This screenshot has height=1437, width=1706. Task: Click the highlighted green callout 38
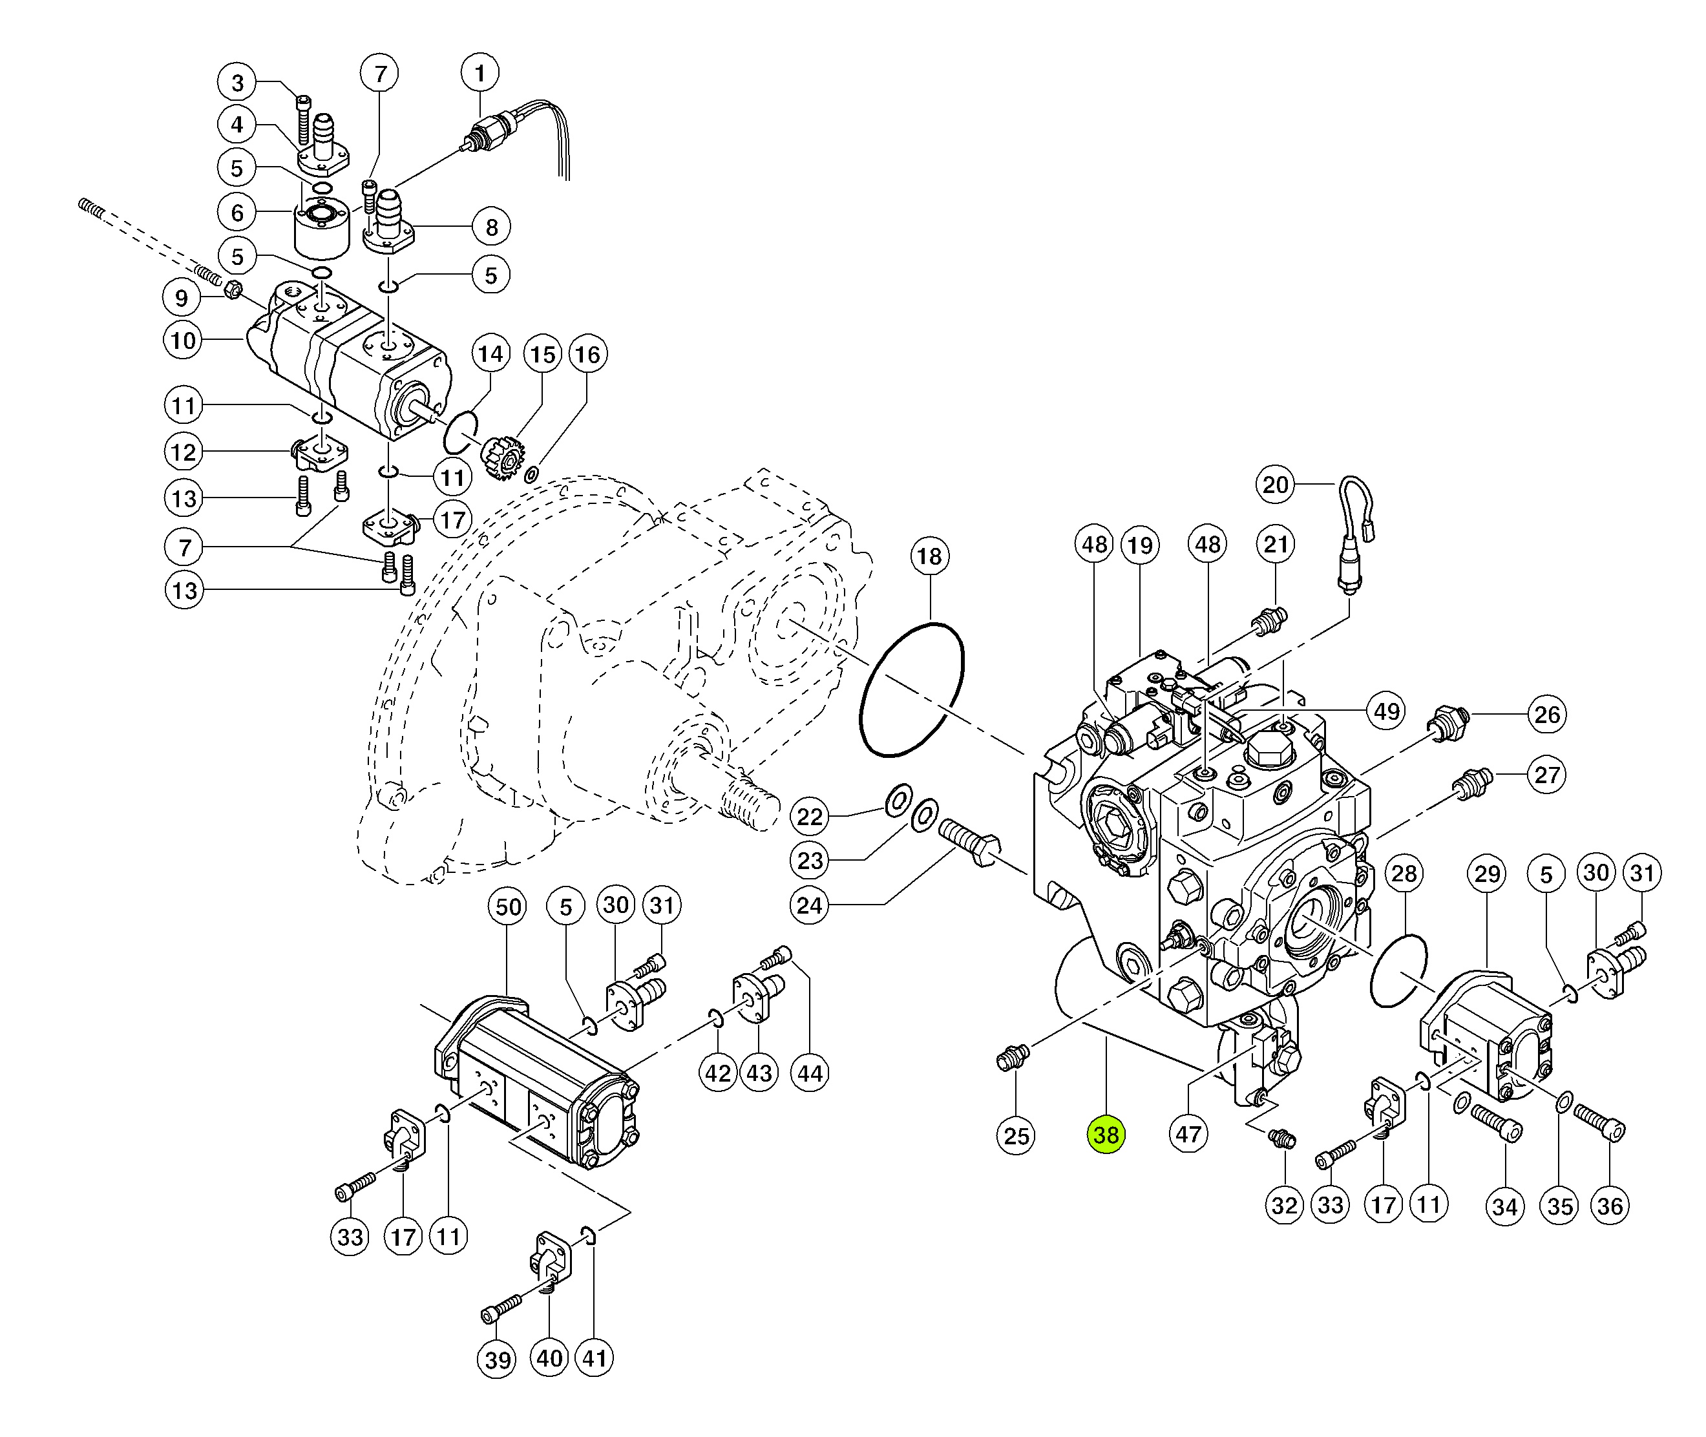(1106, 1135)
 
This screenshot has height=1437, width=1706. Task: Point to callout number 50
(507, 907)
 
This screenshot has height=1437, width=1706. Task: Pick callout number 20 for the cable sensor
(1275, 485)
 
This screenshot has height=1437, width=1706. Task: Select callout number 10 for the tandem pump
(184, 341)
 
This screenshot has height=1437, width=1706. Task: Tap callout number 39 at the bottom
(497, 1359)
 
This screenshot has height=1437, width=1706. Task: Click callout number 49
(1387, 711)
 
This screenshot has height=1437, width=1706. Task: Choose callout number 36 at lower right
(1610, 1206)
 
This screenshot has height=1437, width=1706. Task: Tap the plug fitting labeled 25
(1013, 1058)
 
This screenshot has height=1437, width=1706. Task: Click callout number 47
(1188, 1134)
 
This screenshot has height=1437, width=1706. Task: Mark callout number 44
(810, 1074)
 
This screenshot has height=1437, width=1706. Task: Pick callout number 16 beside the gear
(587, 354)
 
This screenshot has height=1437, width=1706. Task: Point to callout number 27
(1547, 775)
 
